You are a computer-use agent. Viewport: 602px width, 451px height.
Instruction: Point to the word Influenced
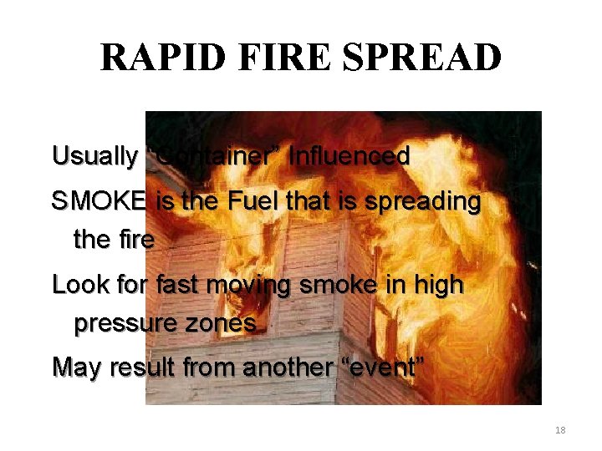[349, 155]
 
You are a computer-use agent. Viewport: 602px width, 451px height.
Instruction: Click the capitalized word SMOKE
[99, 201]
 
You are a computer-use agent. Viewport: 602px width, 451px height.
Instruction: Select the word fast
[177, 285]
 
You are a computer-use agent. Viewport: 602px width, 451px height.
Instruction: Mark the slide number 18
[560, 430]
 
